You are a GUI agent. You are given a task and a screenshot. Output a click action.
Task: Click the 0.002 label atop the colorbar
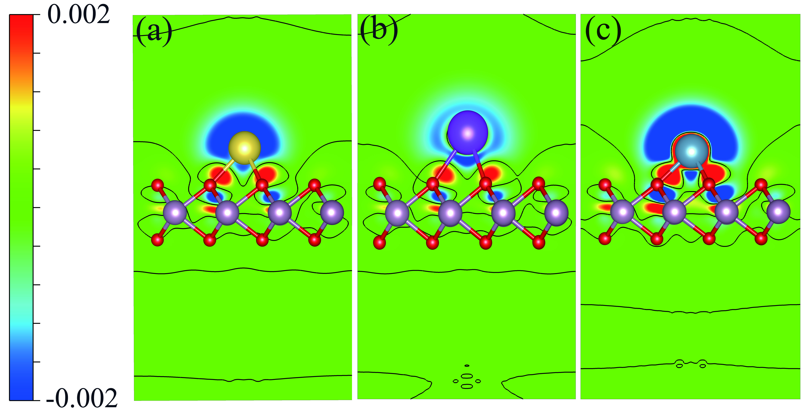[x=79, y=15]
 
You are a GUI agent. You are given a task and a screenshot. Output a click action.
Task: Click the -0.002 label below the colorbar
[x=82, y=398]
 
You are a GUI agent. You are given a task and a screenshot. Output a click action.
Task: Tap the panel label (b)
[x=379, y=31]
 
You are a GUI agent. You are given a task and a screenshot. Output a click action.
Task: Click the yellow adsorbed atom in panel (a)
[x=244, y=148]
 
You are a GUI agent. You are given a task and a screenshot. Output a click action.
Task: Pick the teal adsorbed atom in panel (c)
[x=691, y=152]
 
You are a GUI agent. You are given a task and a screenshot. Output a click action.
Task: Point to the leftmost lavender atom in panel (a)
[x=175, y=213]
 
